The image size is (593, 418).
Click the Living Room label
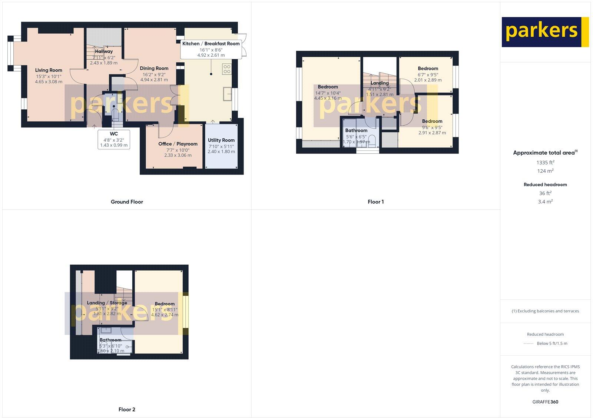pyautogui.click(x=49, y=70)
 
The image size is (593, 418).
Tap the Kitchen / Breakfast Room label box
pyautogui.click(x=211, y=49)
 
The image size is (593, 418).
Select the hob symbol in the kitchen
pyautogui.click(x=226, y=69)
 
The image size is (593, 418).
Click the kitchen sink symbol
pyautogui.click(x=227, y=94)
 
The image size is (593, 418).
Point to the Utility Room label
pyautogui.click(x=221, y=140)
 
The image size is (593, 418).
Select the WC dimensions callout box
pyautogui.click(x=114, y=139)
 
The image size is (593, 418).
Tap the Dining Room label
pyautogui.click(x=154, y=68)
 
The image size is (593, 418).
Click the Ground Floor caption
pyautogui.click(x=127, y=202)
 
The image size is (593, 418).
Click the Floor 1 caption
pyautogui.click(x=375, y=202)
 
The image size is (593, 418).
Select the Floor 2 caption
pyautogui.click(x=127, y=409)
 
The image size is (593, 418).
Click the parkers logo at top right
pyautogui.click(x=545, y=32)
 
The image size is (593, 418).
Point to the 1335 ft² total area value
pyautogui.click(x=545, y=162)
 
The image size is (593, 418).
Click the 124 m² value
pyautogui.click(x=545, y=171)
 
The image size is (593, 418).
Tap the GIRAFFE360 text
pyautogui.click(x=545, y=402)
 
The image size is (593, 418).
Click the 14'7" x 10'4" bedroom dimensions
pyautogui.click(x=328, y=93)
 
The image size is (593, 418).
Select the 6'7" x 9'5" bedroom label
pyautogui.click(x=428, y=69)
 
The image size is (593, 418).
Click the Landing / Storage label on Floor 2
pyautogui.click(x=107, y=303)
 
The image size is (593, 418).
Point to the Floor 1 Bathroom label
pyautogui.click(x=356, y=130)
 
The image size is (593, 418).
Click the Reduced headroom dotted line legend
pyautogui.click(x=528, y=344)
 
